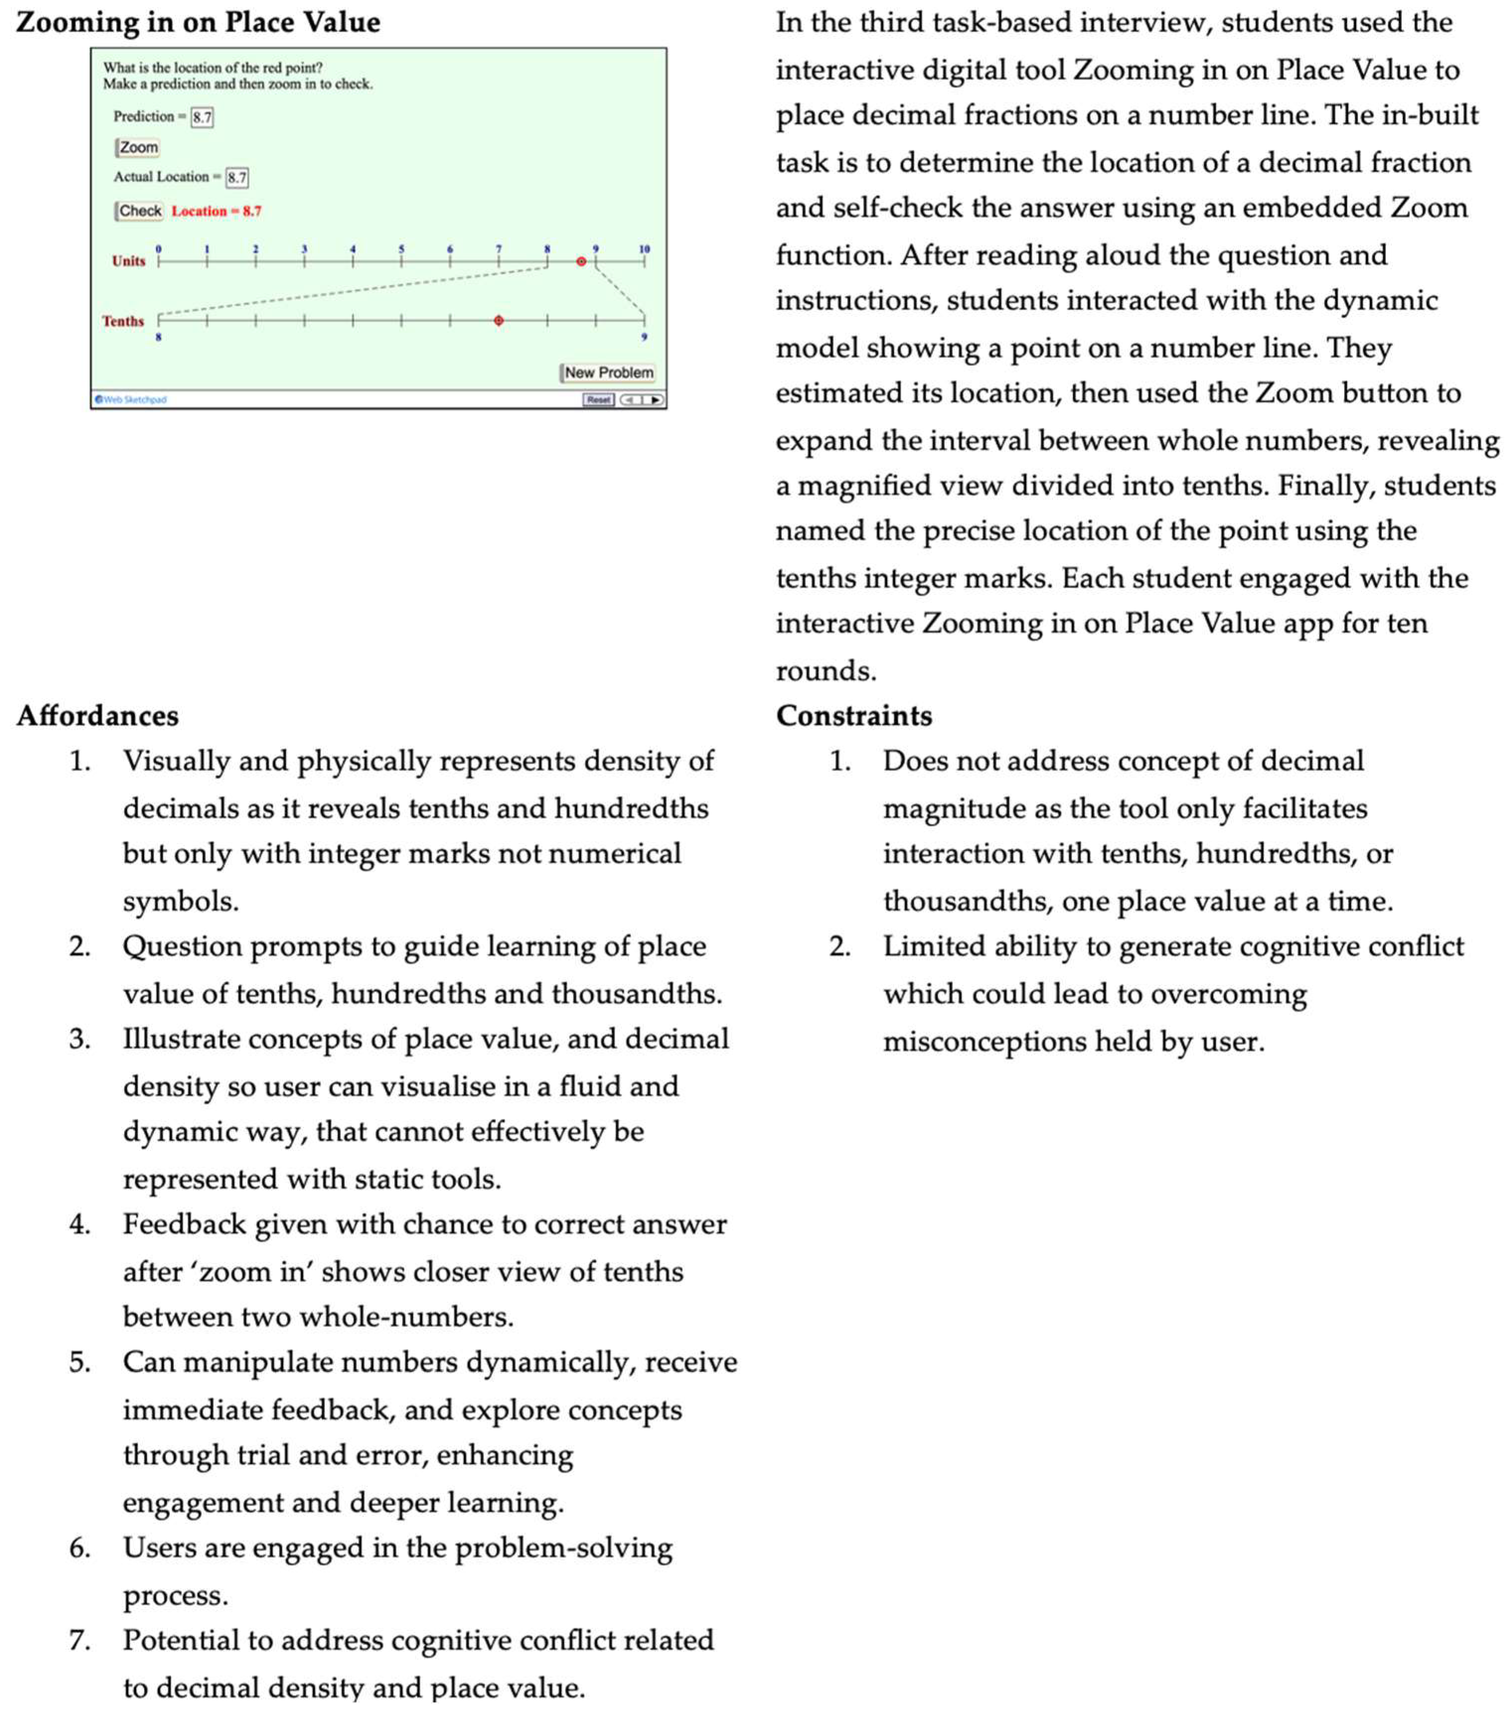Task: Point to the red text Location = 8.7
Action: pos(216,211)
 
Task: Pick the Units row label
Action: pos(128,261)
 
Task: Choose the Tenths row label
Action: pos(123,321)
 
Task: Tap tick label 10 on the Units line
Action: pos(644,249)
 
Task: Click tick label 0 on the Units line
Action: pos(158,249)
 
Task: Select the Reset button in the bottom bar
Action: pos(598,400)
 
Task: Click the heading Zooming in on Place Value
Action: pos(198,23)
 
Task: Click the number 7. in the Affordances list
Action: pos(79,1640)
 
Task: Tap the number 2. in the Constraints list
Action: pos(840,947)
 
